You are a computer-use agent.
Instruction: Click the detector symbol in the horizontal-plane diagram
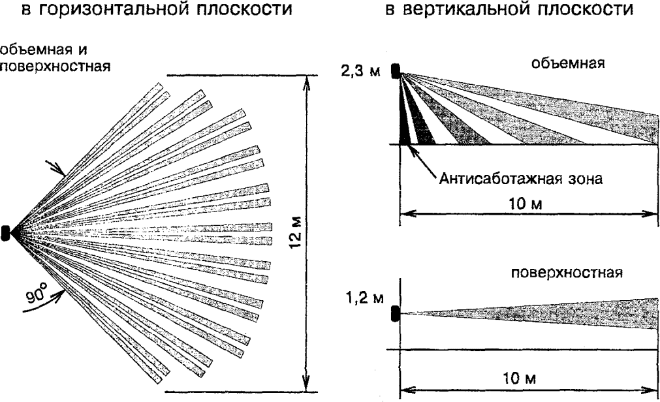click(x=6, y=232)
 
